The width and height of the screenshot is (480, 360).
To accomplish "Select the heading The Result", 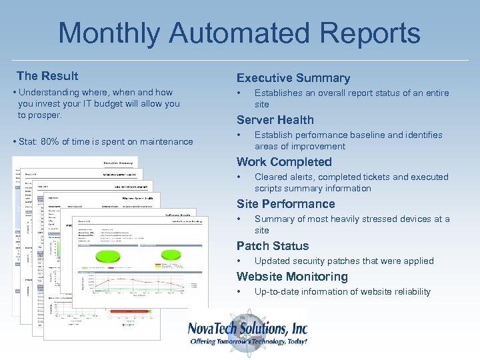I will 47,76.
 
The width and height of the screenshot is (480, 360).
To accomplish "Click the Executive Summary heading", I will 293,78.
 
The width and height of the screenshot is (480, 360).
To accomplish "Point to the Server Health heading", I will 275,120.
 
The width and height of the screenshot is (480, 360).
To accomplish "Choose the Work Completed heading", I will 283,162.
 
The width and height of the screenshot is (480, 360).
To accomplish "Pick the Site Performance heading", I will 285,204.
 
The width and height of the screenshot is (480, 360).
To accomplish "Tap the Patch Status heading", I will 272,246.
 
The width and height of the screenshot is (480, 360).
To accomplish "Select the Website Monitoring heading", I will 292,277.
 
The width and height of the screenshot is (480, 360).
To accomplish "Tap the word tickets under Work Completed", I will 376,177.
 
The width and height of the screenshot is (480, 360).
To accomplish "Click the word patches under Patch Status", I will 347,261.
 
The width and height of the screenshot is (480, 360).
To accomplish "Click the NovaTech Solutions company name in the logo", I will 247,328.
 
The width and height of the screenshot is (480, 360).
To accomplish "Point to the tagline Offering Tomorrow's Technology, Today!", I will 248,341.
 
